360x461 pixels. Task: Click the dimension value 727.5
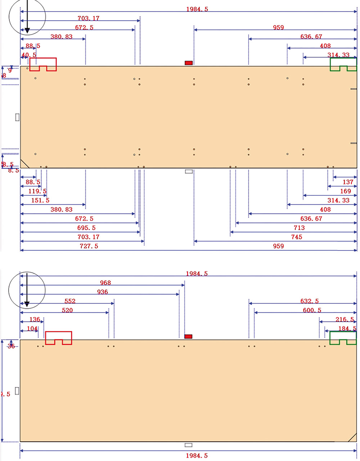point(89,246)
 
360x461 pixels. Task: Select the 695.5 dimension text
point(86,228)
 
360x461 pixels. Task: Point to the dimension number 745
point(297,237)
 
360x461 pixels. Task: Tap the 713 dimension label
point(299,228)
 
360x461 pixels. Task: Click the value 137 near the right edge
point(348,182)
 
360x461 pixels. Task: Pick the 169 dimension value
point(345,191)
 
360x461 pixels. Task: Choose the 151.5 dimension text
point(40,200)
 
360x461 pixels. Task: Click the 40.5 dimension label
point(29,55)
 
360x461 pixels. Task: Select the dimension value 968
point(105,283)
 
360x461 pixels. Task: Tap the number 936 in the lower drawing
point(103,292)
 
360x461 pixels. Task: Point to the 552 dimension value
point(70,301)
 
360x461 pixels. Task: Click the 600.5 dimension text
point(312,310)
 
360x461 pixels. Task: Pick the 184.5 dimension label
point(347,329)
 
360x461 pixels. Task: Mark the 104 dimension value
point(32,329)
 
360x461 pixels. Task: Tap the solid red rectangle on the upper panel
point(189,63)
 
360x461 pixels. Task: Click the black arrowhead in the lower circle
point(26,305)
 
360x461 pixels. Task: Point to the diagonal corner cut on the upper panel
point(24,164)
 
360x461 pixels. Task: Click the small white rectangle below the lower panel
point(189,445)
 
